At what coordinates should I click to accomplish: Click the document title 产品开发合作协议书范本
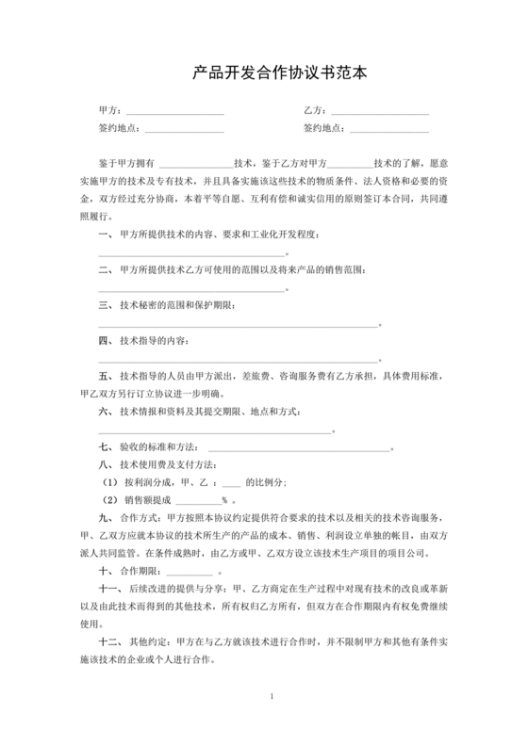[265, 72]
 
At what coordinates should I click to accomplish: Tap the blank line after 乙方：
[382, 114]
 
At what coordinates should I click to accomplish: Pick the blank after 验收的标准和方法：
[298, 447]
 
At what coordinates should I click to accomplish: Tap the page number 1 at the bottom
[272, 697]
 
